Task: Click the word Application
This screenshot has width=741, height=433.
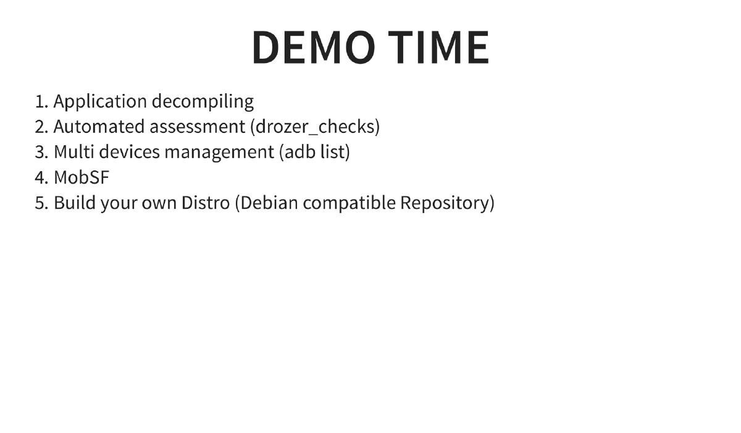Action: pos(100,101)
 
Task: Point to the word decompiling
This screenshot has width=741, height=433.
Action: pos(203,101)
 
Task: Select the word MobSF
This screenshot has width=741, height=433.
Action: pos(82,177)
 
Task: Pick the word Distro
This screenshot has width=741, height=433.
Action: pos(205,203)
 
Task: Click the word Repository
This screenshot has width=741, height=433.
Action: pos(446,203)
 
